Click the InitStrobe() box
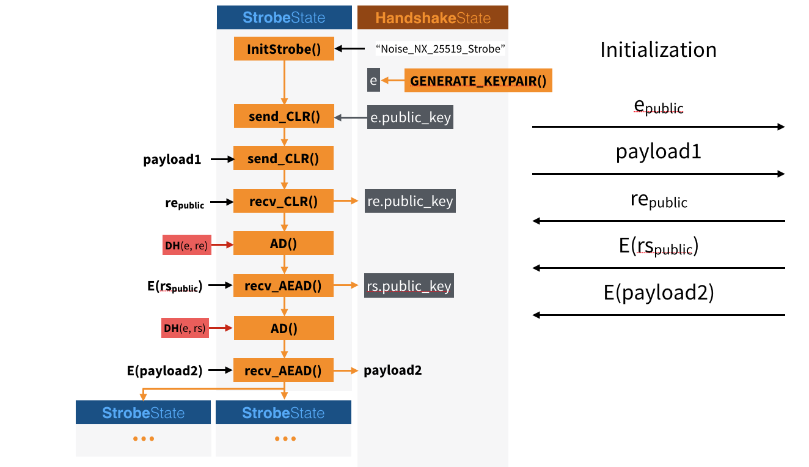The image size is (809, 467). click(284, 49)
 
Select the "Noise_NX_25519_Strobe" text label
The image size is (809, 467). click(441, 49)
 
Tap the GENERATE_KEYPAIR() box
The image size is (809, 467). click(478, 80)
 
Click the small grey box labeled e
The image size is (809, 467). click(373, 80)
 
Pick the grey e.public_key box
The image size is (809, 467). click(410, 117)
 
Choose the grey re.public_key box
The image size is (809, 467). click(410, 201)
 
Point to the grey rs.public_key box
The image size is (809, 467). click(409, 285)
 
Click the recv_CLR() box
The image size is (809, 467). click(283, 201)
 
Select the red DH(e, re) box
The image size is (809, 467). click(187, 245)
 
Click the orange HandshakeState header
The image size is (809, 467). click(433, 18)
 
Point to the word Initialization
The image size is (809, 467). click(658, 50)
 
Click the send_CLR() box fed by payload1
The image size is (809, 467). click(283, 159)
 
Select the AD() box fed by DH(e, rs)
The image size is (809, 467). click(283, 328)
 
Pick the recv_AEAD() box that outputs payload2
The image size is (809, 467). click(283, 370)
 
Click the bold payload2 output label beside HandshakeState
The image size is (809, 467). click(393, 370)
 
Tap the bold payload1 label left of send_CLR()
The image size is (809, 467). click(172, 160)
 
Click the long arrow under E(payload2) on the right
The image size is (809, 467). click(658, 315)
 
